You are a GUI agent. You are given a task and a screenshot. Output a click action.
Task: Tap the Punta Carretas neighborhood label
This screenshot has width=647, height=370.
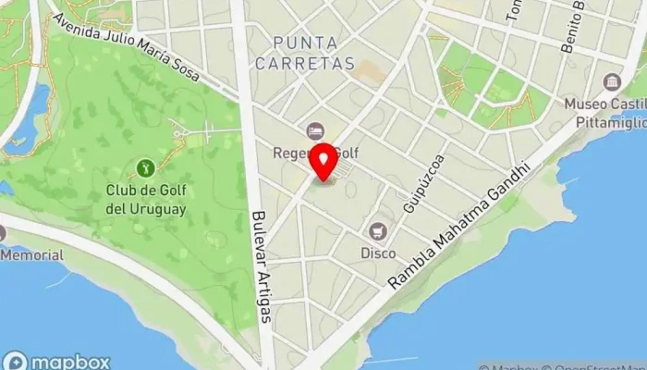(x=314, y=52)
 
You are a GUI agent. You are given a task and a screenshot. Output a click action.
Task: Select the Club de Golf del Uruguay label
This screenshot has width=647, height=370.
(x=146, y=200)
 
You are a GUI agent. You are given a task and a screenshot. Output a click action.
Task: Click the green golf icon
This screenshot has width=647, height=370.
(x=144, y=167)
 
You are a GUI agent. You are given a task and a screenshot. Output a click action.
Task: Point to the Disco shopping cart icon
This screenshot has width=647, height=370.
(x=377, y=231)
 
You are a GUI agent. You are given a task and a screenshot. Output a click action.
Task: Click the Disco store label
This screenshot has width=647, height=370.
(x=377, y=253)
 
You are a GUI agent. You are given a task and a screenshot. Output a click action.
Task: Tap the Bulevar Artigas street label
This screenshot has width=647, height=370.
(x=262, y=268)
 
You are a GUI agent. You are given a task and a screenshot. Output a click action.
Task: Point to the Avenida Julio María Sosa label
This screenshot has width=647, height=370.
(x=127, y=50)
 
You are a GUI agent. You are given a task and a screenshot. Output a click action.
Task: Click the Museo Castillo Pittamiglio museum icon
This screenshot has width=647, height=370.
(x=611, y=81)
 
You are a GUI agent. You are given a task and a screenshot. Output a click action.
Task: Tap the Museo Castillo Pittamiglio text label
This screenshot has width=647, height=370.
(x=605, y=111)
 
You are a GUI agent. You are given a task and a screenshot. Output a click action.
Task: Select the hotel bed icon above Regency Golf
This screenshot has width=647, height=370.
(x=315, y=131)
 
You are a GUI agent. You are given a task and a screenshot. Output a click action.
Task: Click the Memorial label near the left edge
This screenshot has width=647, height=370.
(x=31, y=255)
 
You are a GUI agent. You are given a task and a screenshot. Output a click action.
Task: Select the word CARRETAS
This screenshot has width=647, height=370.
(x=314, y=63)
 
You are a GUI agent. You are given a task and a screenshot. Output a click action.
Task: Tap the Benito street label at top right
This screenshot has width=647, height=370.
(x=579, y=28)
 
